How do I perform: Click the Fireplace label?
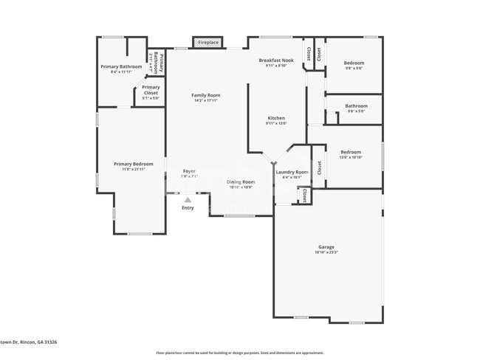208,43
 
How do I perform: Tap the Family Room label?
206,95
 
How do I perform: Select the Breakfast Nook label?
276,60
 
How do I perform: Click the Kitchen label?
276,118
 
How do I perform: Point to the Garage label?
326,247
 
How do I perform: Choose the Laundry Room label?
292,172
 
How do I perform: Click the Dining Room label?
240,181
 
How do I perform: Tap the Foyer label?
189,171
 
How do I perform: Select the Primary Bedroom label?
133,164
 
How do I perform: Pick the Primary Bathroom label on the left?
121,66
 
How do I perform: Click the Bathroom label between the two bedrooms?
356,105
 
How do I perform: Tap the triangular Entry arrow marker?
188,199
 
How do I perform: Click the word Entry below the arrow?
188,208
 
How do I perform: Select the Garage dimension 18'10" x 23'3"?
326,253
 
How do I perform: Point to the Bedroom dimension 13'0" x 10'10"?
351,157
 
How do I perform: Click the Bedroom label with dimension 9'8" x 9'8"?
354,63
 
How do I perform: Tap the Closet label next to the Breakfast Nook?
318,54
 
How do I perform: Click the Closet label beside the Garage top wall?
304,195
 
